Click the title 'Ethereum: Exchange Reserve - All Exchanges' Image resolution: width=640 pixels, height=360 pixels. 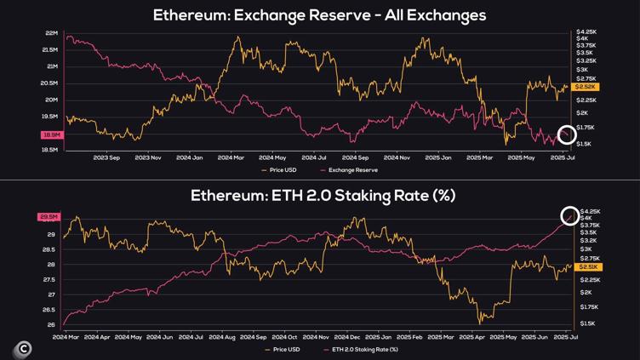tap(319, 15)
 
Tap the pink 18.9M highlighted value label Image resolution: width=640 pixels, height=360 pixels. tap(51, 135)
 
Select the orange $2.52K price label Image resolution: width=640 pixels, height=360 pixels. tap(586, 87)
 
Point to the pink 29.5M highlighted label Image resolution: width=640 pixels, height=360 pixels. tap(48, 217)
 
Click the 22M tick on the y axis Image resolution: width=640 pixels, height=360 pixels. tap(51, 33)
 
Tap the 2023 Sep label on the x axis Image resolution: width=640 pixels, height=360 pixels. tap(106, 157)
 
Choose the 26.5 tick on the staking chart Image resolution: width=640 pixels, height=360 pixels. tap(51, 310)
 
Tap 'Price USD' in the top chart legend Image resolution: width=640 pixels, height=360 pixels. tap(283, 170)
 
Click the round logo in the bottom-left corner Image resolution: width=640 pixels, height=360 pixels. tap(23, 348)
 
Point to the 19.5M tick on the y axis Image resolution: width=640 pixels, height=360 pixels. tap(50, 117)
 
